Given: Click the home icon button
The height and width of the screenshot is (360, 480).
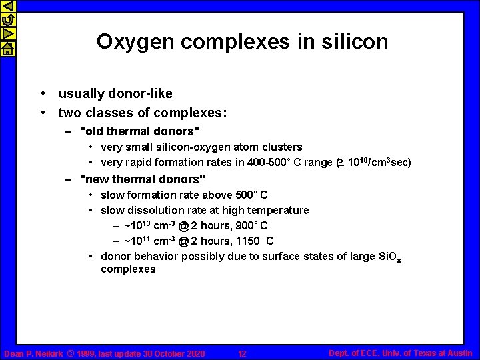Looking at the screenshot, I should (x=7, y=49).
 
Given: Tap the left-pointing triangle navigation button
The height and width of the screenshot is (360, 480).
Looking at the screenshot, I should (x=7, y=7).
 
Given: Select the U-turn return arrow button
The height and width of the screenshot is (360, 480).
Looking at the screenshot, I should (x=7, y=21).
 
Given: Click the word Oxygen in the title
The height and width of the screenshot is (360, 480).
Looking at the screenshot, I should (x=135, y=42).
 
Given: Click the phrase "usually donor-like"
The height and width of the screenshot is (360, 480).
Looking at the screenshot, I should (x=115, y=94).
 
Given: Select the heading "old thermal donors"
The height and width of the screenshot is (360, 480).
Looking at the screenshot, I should (x=139, y=130).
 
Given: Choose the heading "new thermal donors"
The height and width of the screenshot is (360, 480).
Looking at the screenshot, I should (x=142, y=179).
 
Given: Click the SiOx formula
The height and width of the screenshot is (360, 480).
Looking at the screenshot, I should (x=389, y=257).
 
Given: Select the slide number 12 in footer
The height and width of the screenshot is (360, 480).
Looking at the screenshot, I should (x=243, y=353).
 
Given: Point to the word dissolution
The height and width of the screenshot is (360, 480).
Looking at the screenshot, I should (x=153, y=211).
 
